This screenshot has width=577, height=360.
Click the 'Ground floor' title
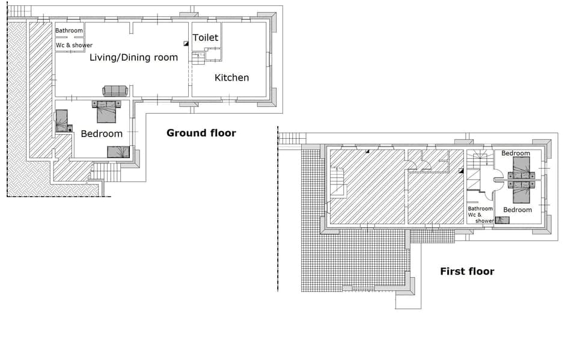(x=201, y=133)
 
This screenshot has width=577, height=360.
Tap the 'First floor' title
(x=467, y=271)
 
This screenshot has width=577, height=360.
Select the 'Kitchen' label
(x=231, y=78)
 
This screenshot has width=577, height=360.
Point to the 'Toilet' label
(x=205, y=38)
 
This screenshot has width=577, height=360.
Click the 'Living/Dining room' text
(x=133, y=58)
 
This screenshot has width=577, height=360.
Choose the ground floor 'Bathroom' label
(x=69, y=31)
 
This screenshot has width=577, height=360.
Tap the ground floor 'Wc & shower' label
(x=74, y=45)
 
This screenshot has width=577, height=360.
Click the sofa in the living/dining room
(x=115, y=91)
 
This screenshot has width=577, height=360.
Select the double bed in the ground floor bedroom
(x=106, y=111)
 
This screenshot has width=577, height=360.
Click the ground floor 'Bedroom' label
(x=102, y=133)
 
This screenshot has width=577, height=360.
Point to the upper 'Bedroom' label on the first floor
(x=516, y=153)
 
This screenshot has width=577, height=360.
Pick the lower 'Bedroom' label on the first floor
(x=517, y=210)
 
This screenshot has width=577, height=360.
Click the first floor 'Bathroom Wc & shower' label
(x=480, y=215)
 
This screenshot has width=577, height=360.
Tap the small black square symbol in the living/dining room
(x=186, y=43)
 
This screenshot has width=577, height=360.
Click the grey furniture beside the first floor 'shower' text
(x=502, y=220)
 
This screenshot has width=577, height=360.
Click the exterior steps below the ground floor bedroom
(x=105, y=173)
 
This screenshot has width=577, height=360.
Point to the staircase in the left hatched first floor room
(x=338, y=182)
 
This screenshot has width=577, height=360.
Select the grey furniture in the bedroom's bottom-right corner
(x=118, y=152)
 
